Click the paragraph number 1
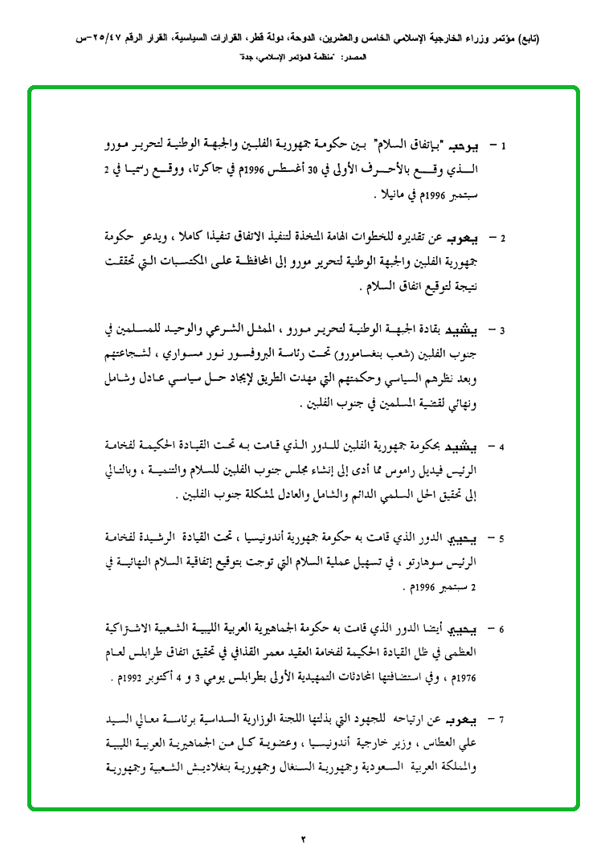click(503, 147)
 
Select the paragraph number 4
click(503, 446)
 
